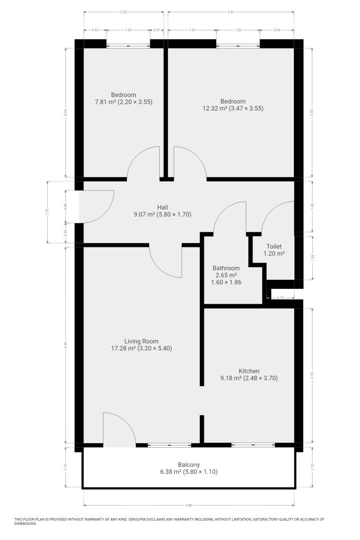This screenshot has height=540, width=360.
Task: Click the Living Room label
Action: (141, 341)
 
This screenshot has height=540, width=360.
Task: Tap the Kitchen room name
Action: (249, 371)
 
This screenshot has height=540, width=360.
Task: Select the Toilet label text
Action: (274, 247)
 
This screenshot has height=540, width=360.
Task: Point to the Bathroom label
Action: (226, 268)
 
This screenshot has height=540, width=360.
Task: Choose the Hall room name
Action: (162, 207)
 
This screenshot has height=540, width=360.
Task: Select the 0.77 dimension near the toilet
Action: (280, 297)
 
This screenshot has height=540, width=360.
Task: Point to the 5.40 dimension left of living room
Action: (65, 345)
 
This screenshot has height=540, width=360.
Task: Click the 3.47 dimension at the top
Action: (231, 12)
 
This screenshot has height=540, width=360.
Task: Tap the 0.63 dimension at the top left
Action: (95, 30)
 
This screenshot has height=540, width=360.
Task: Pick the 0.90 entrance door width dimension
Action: (65, 207)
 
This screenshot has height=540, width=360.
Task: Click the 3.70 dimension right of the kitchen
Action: (312, 375)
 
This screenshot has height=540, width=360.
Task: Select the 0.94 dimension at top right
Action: (277, 30)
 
